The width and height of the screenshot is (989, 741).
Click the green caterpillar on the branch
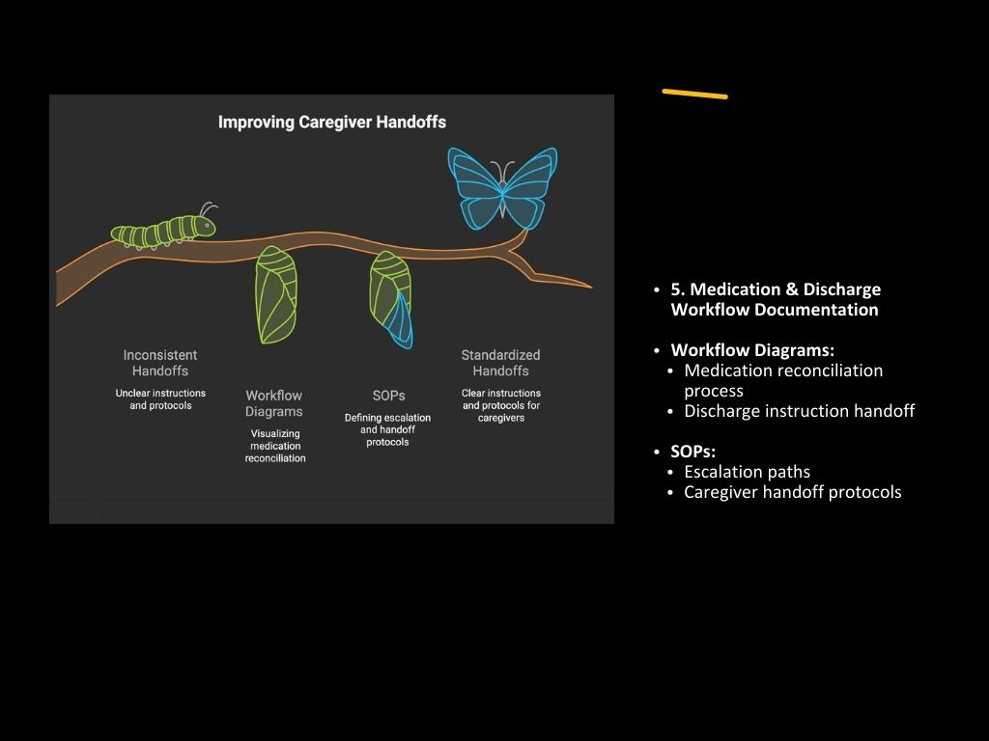click(159, 232)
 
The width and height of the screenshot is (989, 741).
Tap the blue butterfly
click(502, 188)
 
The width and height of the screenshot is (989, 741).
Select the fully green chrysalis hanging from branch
click(275, 294)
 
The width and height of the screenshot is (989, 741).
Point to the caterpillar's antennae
click(207, 208)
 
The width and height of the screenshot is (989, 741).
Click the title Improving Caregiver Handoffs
click(331, 123)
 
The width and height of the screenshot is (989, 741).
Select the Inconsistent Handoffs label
click(160, 363)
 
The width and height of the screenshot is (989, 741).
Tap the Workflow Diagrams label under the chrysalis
click(274, 403)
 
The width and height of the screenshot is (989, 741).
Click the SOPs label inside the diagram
click(388, 396)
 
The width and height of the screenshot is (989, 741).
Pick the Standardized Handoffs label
click(500, 363)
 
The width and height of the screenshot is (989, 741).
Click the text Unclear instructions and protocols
click(160, 399)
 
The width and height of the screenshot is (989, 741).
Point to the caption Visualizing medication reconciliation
click(275, 446)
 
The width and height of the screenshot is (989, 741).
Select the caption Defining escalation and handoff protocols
click(387, 429)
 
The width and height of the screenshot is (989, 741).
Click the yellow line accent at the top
click(694, 94)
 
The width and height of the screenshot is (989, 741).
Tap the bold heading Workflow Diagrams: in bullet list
click(752, 350)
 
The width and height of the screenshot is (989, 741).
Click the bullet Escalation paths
click(747, 472)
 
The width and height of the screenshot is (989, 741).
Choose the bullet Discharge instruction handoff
click(799, 411)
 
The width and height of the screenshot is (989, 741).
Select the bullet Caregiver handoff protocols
click(792, 492)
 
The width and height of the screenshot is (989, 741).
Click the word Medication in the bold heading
click(731, 289)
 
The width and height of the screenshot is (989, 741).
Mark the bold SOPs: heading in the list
click(692, 452)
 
